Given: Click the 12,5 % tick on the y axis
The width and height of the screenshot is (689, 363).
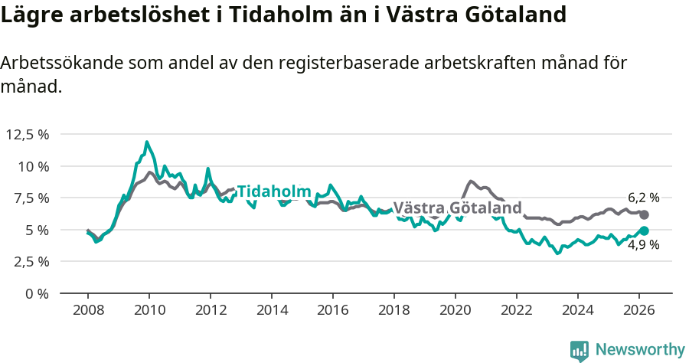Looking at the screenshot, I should click(28, 135).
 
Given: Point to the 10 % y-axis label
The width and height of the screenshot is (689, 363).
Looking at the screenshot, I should click(33, 166).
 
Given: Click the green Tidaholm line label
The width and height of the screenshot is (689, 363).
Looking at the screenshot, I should click(273, 191).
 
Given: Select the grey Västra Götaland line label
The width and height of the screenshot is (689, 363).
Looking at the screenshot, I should click(457, 208).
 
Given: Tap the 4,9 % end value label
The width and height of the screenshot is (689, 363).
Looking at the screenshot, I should click(644, 245).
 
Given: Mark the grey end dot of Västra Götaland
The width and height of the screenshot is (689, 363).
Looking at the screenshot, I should click(644, 215).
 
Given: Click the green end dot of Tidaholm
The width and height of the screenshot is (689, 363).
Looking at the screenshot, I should click(644, 231).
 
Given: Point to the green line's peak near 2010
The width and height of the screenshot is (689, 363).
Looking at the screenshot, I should click(146, 142).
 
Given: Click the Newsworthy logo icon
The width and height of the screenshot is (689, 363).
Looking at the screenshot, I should click(580, 351).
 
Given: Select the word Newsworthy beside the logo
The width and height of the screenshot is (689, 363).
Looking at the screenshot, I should click(640, 350).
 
